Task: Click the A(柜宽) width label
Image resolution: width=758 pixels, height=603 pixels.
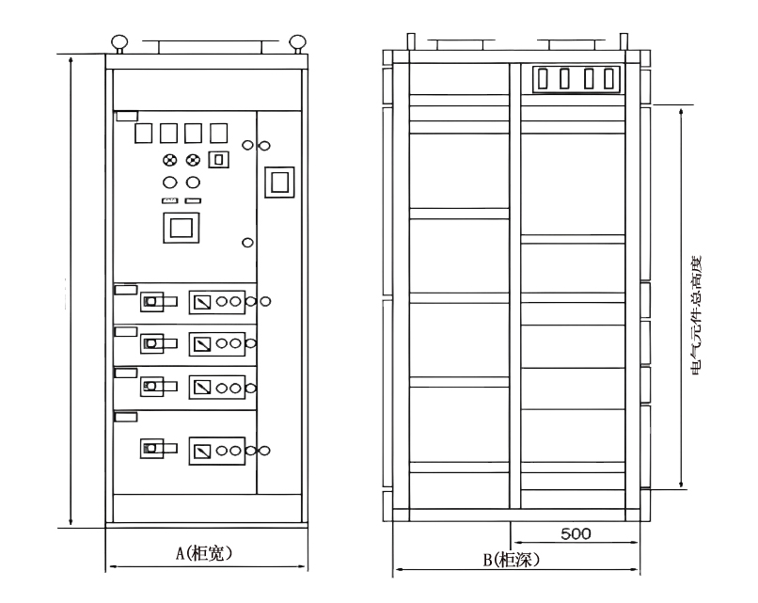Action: coord(204,554)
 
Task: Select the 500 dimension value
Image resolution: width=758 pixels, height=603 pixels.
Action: coord(576,533)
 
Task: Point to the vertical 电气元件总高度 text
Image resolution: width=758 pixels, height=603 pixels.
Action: coord(697,316)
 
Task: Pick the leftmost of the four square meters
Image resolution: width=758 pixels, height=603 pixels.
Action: coord(145,133)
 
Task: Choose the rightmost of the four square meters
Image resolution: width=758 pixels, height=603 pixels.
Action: coord(218,133)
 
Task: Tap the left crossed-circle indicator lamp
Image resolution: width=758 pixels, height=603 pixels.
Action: coord(170,160)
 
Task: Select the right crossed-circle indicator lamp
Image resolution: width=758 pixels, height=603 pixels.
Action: coord(194,160)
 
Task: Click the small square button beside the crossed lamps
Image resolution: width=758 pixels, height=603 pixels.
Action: coord(218,160)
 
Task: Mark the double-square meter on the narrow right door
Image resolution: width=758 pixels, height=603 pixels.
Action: coord(278,181)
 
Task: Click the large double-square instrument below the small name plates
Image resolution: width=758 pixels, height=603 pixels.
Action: coord(181,226)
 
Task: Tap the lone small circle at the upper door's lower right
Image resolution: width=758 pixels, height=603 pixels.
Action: coord(247,242)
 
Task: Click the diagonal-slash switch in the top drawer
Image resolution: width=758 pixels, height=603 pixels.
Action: coord(202,301)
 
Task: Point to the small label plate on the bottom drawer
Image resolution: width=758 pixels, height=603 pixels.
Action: coord(125,415)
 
